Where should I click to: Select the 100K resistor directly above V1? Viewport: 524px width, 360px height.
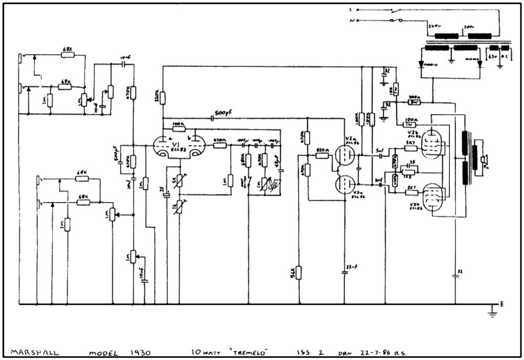tap(179, 128)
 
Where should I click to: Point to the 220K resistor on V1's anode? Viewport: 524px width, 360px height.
tap(162, 97)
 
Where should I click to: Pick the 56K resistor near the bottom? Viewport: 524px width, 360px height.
tap(299, 273)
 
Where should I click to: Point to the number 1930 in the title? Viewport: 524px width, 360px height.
tap(139, 352)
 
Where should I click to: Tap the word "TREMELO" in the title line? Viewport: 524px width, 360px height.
tap(250, 352)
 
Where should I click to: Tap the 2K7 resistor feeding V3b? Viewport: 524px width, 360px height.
tap(411, 192)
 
